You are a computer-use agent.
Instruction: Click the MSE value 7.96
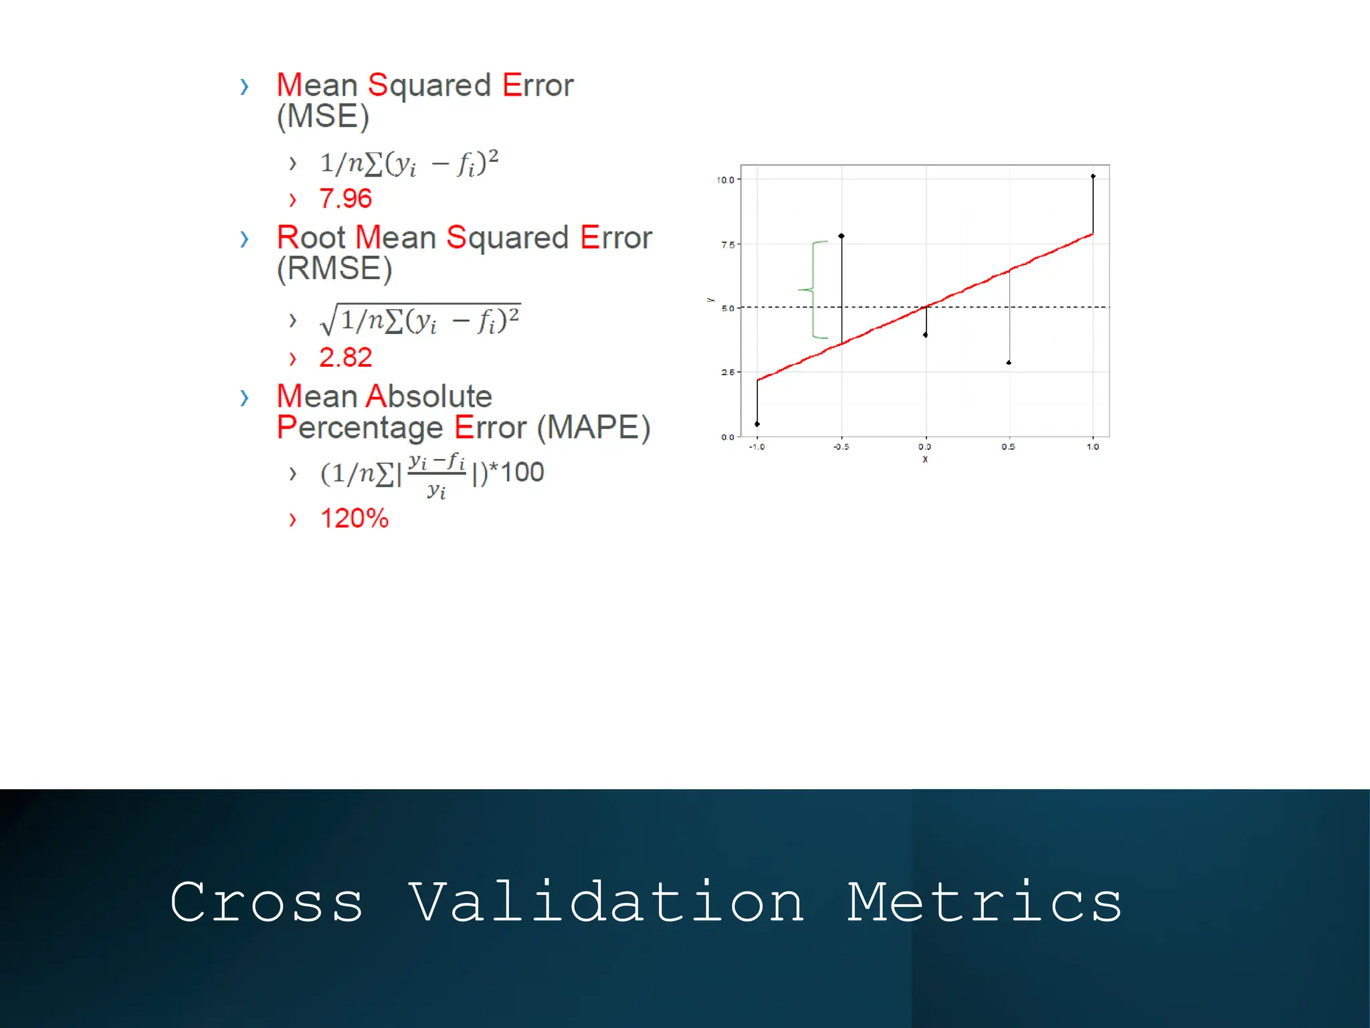tap(345, 199)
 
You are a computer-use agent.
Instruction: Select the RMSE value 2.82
tap(345, 358)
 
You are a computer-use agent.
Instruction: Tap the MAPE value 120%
tap(354, 519)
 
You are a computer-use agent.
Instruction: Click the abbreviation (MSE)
tap(323, 116)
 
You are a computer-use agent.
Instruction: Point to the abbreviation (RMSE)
tap(334, 269)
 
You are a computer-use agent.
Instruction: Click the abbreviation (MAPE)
tap(594, 428)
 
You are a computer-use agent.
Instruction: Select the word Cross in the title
tap(266, 903)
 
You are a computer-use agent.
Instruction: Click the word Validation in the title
tap(606, 903)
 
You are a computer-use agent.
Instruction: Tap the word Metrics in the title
tap(985, 903)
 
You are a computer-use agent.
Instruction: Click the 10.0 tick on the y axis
tap(725, 180)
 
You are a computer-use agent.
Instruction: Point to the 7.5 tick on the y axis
tap(728, 245)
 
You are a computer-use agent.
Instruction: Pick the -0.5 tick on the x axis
tap(841, 447)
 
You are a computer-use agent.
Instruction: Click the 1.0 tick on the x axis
tap(1092, 447)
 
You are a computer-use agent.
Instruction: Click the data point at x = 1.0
tap(1093, 177)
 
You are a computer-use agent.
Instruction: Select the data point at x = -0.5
tap(842, 236)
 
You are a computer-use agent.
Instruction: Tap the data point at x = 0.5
tap(1009, 363)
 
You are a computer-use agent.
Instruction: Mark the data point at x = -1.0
tap(757, 424)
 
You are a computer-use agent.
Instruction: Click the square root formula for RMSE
tap(421, 320)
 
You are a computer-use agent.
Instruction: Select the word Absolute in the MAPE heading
tap(429, 397)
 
